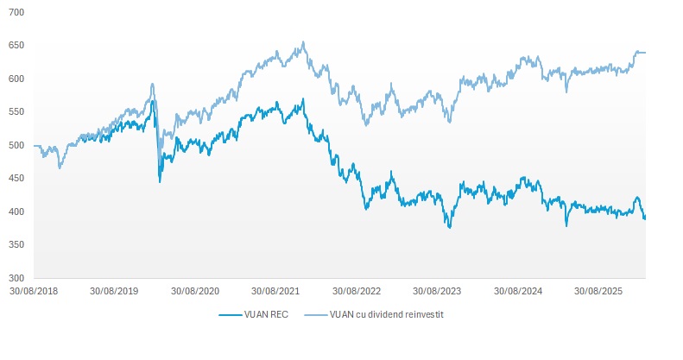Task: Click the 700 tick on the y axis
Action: click(x=17, y=13)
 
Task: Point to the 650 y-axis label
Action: click(x=17, y=46)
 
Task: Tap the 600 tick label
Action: click(x=17, y=79)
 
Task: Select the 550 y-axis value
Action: click(x=17, y=112)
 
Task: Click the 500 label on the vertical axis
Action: click(x=17, y=146)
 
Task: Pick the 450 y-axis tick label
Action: click(x=17, y=179)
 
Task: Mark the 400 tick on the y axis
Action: click(x=17, y=212)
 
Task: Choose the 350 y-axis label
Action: click(x=17, y=245)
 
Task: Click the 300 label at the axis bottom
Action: click(x=17, y=278)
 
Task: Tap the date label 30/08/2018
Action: click(x=35, y=292)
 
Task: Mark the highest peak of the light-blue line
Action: click(x=303, y=42)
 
